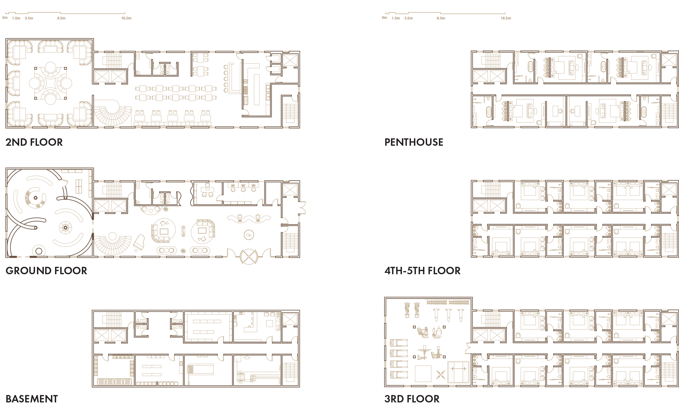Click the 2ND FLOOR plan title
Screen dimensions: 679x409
click(34, 142)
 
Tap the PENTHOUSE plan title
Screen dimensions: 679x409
click(414, 142)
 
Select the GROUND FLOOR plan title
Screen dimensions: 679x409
click(46, 271)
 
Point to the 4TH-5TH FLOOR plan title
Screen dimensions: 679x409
click(422, 271)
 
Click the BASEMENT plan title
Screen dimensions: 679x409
click(32, 399)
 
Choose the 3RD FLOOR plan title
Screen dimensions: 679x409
click(412, 399)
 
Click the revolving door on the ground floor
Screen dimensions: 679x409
click(249, 257)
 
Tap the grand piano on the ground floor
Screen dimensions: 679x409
click(139, 242)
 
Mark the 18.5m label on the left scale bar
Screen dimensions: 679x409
click(126, 18)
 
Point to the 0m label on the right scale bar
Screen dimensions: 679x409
click(384, 18)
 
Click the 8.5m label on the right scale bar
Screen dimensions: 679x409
click(441, 18)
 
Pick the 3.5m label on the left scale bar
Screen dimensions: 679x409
click(29, 18)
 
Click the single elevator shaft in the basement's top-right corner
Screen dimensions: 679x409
click(290, 319)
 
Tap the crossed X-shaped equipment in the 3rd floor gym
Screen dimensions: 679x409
click(441, 374)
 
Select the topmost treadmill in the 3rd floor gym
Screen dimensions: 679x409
click(399, 343)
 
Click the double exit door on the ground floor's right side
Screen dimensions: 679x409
click(302, 208)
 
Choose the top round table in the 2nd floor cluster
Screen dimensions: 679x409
click(50, 67)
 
